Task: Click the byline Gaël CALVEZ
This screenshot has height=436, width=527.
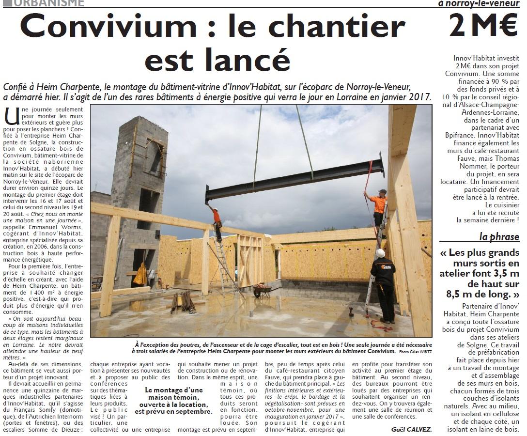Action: [411, 429]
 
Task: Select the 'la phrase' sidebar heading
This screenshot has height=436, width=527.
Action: [499, 236]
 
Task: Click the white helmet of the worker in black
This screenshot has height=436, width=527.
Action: [381, 253]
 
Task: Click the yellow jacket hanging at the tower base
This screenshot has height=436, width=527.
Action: [140, 275]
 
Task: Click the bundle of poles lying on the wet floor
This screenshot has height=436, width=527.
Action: [184, 302]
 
